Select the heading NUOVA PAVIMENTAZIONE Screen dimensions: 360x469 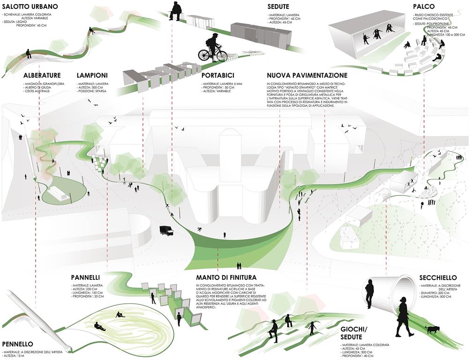point(307,75)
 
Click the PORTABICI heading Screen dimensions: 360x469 point(218,75)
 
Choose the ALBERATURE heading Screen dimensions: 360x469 point(42,75)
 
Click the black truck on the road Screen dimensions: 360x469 point(167,230)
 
